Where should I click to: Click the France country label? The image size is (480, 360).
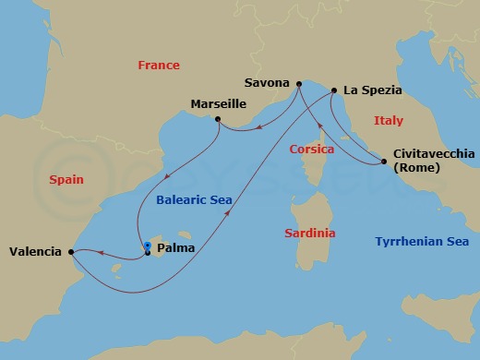click(158, 66)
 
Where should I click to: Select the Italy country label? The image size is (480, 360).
click(389, 121)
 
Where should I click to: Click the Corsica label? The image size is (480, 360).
click(311, 148)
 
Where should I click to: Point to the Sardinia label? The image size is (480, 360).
click(310, 234)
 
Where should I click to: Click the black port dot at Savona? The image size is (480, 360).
click(298, 85)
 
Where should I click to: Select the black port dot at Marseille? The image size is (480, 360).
click(217, 119)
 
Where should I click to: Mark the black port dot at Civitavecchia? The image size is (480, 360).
click(383, 162)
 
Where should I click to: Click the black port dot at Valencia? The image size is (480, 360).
click(71, 250)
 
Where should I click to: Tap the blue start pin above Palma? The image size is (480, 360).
click(148, 246)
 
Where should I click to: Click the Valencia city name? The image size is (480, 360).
click(34, 251)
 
